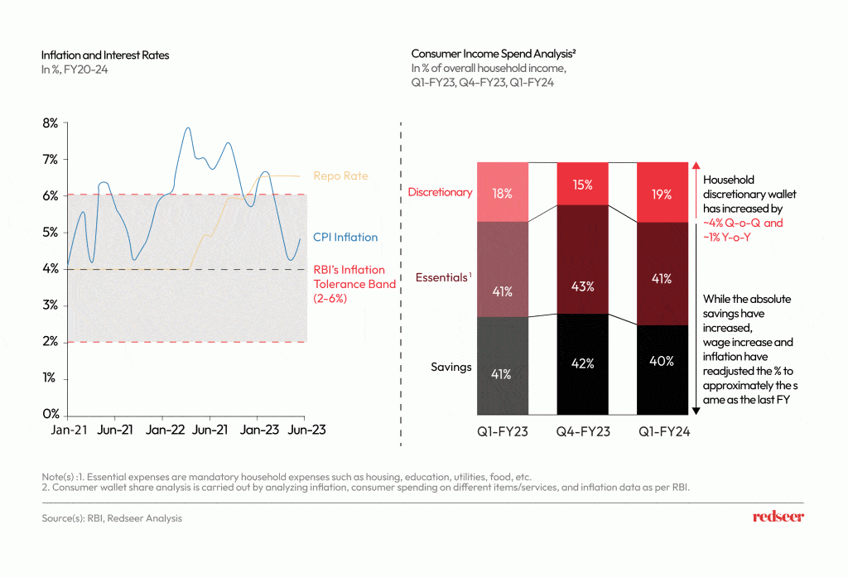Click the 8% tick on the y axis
point(51,123)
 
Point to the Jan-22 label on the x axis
point(165,430)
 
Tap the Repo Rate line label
point(340,176)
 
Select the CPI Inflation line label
point(345,238)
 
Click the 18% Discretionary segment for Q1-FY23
point(503,192)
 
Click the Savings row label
point(450,367)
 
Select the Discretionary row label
point(440,192)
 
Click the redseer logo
point(778,517)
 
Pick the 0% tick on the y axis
point(51,414)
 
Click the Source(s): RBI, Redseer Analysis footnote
point(112,518)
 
